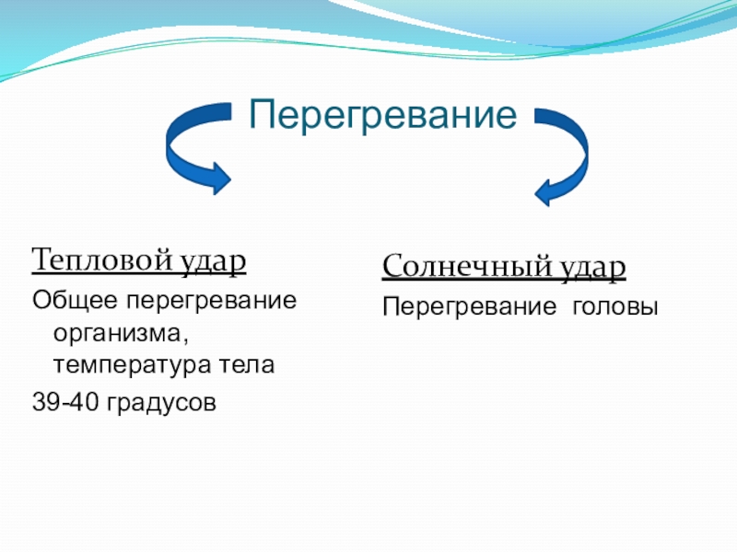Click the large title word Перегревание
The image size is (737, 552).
(x=382, y=116)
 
